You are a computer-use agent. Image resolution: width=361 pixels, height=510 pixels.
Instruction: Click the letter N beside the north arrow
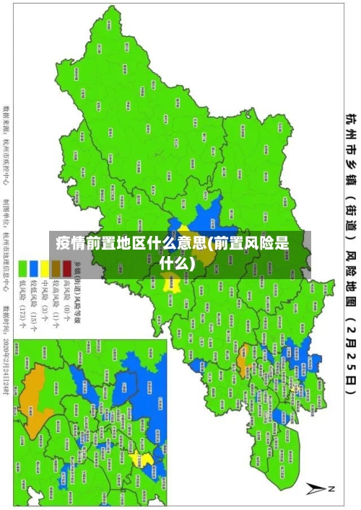pos(331,489)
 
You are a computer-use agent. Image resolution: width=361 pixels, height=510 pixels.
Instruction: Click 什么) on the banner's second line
pos(177,262)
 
